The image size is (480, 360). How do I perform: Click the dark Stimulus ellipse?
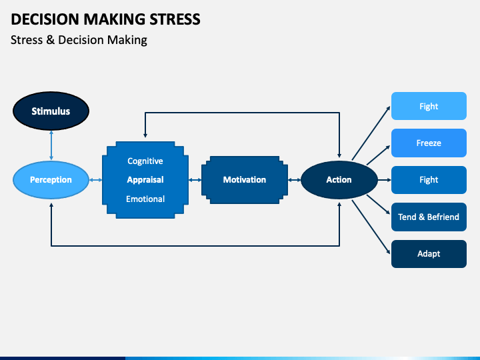[x=51, y=111]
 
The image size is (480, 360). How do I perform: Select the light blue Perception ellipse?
[x=51, y=180]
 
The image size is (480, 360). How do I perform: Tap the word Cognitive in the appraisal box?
[x=145, y=161]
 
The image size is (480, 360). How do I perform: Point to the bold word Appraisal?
[x=145, y=180]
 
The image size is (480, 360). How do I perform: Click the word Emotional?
[x=145, y=199]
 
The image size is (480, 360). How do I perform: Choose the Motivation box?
[x=245, y=180]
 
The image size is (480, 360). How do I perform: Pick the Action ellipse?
[x=339, y=180]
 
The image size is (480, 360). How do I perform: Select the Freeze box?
[x=429, y=143]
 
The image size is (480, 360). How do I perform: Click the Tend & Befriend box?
[x=429, y=217]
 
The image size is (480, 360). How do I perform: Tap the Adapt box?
[x=429, y=254]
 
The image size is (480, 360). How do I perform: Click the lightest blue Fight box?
[x=429, y=106]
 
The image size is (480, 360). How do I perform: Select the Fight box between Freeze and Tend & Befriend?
[x=429, y=180]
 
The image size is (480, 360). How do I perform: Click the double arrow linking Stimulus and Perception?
[x=51, y=146]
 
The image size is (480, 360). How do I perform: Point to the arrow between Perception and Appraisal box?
[x=95, y=180]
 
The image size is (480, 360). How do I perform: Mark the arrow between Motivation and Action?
[x=294, y=180]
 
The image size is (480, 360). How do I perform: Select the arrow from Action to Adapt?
[x=371, y=227]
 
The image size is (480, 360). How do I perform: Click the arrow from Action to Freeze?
[x=379, y=155]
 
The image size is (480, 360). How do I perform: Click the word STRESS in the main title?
[x=175, y=19]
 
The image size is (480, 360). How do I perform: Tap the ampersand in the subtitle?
[x=50, y=40]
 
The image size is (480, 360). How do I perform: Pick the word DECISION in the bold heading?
[x=45, y=19]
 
